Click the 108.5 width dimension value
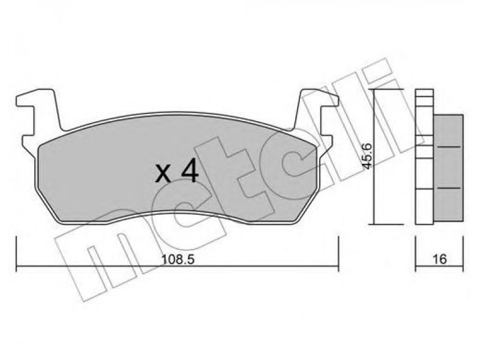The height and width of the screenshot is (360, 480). [x=178, y=260]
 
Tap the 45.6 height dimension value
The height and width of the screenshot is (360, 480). [x=367, y=155]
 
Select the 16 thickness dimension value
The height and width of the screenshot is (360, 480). [x=440, y=259]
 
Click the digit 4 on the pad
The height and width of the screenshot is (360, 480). [x=190, y=173]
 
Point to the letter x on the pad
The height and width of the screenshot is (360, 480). [x=163, y=175]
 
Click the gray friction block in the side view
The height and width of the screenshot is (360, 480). [x=448, y=168]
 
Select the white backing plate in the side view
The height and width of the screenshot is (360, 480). [x=424, y=157]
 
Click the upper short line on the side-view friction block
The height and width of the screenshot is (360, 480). [x=449, y=148]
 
